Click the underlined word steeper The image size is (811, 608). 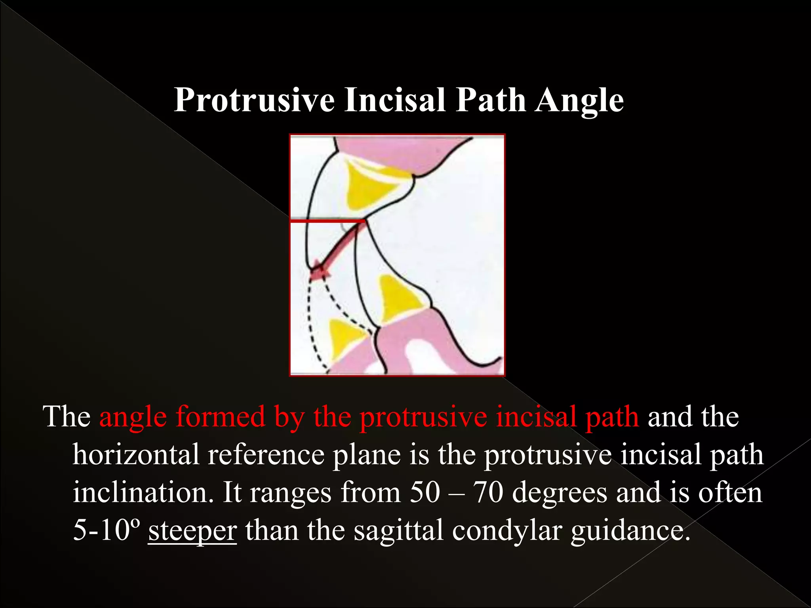pos(192,530)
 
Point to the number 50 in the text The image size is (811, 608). pos(425,492)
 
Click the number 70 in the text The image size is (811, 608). pos(488,492)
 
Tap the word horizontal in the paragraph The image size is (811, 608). pos(135,454)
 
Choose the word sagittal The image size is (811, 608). pos(398,530)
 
